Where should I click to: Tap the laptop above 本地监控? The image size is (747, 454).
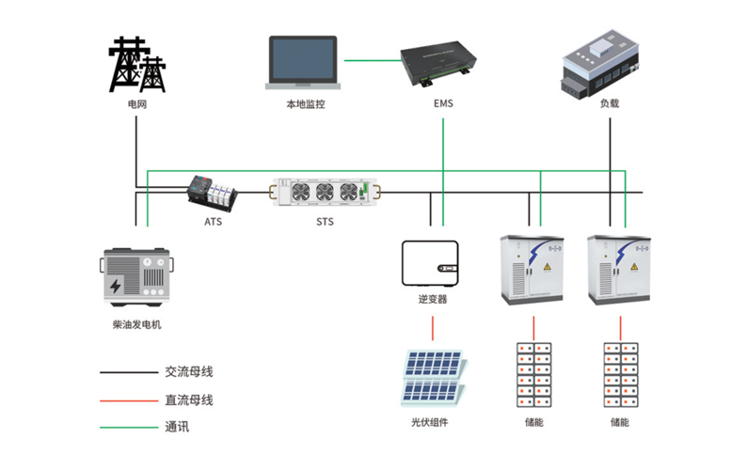point(304,64)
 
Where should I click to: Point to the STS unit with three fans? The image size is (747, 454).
point(325,193)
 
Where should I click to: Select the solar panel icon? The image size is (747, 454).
point(431,377)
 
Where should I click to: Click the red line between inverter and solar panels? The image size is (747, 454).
point(433,327)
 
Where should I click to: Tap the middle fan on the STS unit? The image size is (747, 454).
point(325,192)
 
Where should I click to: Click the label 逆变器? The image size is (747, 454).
point(433,299)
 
